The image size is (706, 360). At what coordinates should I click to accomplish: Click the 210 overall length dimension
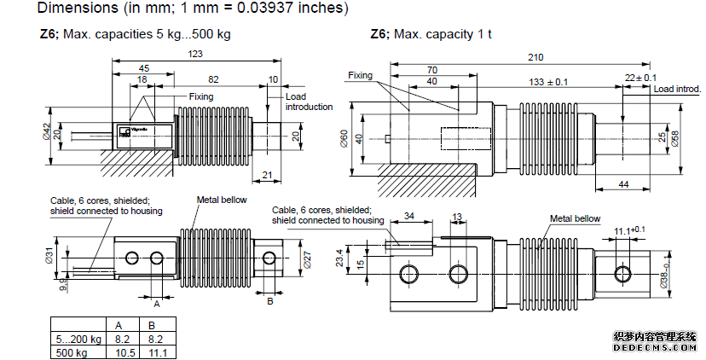[535, 57]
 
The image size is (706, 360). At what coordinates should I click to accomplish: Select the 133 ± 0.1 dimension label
[548, 82]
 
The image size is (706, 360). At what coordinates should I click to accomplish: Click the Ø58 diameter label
[675, 136]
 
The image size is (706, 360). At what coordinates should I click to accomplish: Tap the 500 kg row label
[71, 351]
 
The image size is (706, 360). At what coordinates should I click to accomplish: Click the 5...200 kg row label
[75, 339]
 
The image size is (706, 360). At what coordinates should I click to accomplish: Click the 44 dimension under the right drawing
[624, 185]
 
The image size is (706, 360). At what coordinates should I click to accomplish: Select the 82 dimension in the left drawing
[214, 79]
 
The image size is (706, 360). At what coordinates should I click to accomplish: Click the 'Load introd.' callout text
[677, 89]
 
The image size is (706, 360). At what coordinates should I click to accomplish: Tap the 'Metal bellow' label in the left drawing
[222, 200]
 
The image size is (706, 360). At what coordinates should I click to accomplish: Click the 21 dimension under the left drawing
[269, 175]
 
